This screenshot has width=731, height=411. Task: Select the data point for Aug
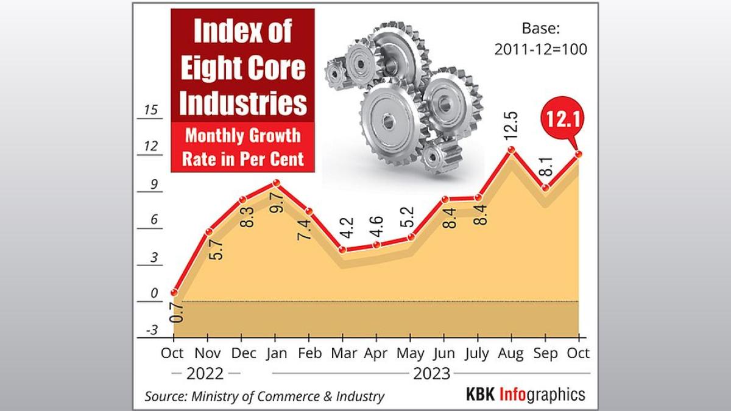pos(512,150)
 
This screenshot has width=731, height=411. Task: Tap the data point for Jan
pos(276,183)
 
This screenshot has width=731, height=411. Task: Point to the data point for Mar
pos(342,250)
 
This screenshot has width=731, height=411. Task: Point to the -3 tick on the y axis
pos(150,330)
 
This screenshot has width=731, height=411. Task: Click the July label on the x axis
pos(477,353)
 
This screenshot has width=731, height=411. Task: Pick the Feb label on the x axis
pos(309,353)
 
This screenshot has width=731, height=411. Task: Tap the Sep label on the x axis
pos(545,353)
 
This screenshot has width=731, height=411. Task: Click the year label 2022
pos(205,373)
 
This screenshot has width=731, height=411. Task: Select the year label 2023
pos(431,373)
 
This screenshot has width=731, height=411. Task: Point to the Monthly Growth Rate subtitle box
pos(242,146)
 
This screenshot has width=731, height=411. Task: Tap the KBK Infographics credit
pos(524,394)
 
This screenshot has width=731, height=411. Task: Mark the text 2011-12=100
pos(540,50)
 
